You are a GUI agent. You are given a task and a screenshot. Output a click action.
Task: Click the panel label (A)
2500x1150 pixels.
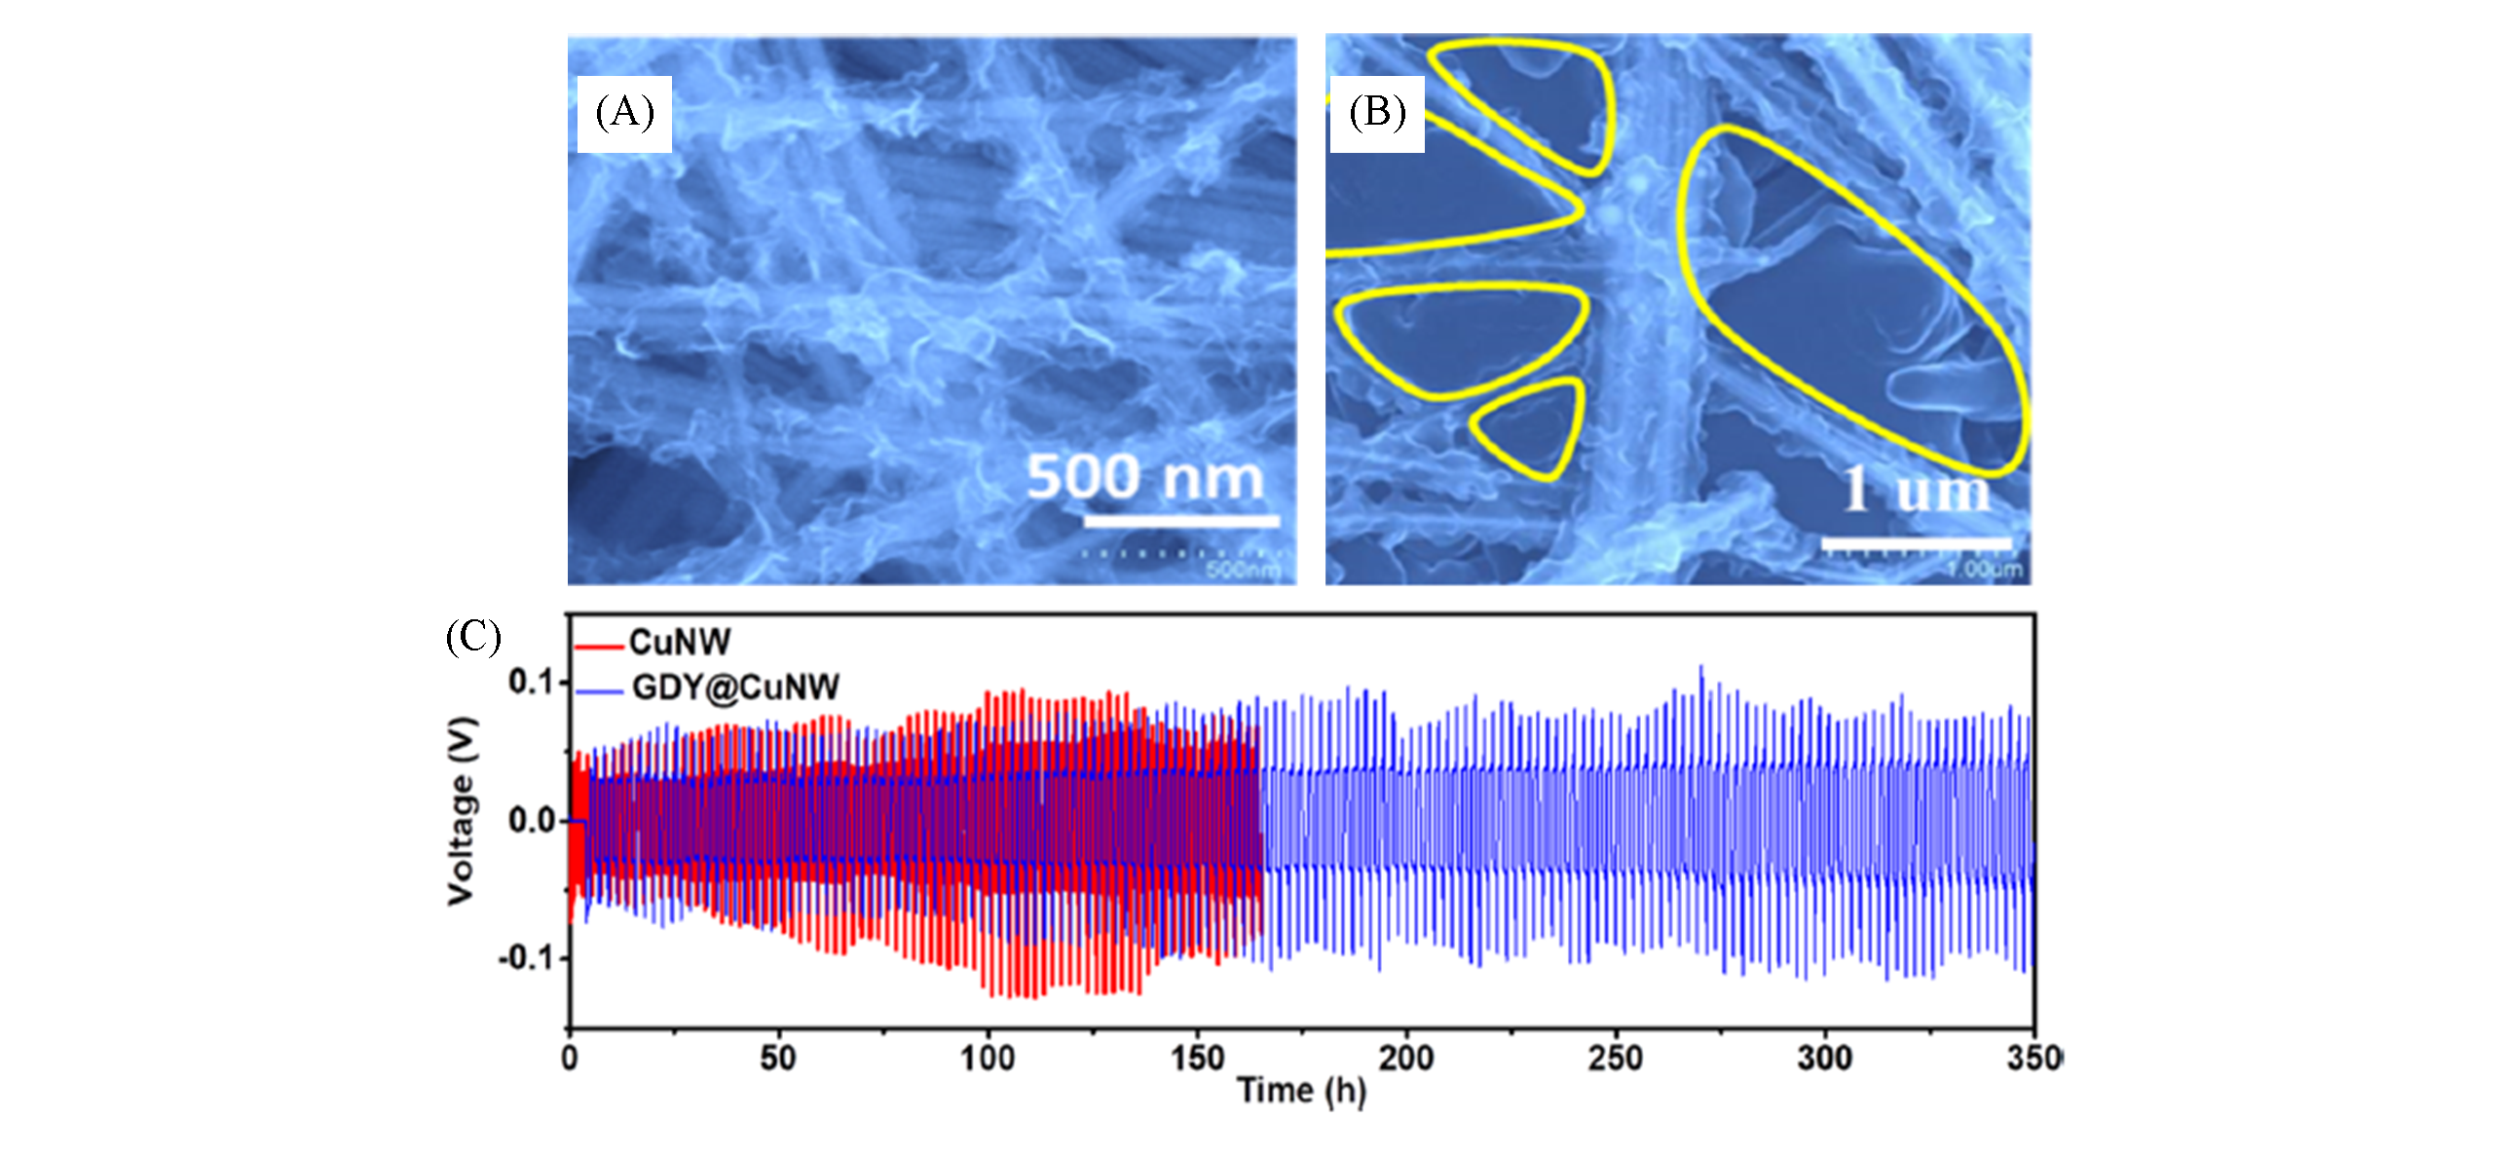(624, 113)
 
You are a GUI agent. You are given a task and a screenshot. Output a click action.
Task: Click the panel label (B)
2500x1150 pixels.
(1377, 113)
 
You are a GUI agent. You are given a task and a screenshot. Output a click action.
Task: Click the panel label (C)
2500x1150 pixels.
(473, 637)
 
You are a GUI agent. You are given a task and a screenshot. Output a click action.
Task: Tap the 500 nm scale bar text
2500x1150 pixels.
(1145, 477)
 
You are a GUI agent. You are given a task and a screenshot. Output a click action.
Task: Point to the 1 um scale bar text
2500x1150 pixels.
(1917, 490)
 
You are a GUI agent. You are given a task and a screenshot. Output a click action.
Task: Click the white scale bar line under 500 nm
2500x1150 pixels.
(1180, 521)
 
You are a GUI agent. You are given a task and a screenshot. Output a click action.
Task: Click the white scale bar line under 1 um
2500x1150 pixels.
(1915, 542)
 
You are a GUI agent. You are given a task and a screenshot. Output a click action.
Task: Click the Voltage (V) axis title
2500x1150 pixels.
(463, 811)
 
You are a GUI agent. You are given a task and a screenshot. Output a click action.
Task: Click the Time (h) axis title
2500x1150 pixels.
(1302, 1091)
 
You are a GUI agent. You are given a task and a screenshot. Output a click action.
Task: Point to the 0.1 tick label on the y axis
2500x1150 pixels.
(531, 682)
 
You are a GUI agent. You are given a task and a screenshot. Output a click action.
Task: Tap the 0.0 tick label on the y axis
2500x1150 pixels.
(531, 821)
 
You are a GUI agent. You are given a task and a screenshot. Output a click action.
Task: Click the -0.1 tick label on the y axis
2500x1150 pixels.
(527, 958)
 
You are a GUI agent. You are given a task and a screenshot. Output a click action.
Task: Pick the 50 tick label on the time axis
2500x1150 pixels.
(778, 1057)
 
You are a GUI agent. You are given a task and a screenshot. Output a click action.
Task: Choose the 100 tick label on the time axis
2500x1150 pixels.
(988, 1057)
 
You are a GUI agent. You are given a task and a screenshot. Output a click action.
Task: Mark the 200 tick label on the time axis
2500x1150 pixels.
(1405, 1057)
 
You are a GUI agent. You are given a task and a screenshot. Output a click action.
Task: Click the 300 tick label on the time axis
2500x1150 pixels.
(1824, 1057)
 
